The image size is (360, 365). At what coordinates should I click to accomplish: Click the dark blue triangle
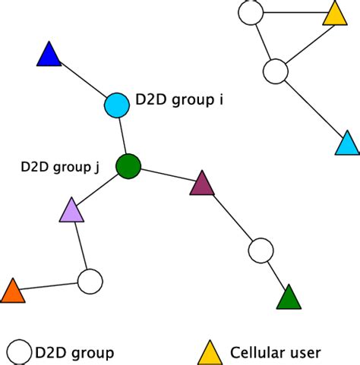pyautogui.click(x=48, y=56)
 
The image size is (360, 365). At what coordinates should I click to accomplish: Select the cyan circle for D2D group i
pyautogui.click(x=116, y=104)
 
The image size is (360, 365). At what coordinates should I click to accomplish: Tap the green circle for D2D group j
pyautogui.click(x=128, y=165)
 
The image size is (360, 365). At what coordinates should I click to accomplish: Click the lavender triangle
pyautogui.click(x=71, y=210)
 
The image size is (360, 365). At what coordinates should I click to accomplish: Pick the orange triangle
pyautogui.click(x=13, y=291)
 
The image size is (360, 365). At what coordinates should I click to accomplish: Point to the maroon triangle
pyautogui.click(x=202, y=184)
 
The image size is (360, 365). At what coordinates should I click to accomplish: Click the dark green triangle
pyautogui.click(x=289, y=297)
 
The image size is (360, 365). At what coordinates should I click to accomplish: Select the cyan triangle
pyautogui.click(x=346, y=143)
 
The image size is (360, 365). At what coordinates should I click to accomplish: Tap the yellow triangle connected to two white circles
pyautogui.click(x=333, y=14)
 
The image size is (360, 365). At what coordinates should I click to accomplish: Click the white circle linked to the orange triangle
pyautogui.click(x=90, y=282)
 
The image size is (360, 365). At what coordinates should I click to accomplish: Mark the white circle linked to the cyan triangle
pyautogui.click(x=275, y=72)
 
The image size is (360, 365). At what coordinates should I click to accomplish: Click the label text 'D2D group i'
pyautogui.click(x=178, y=99)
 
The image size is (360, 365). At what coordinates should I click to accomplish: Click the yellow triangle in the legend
pyautogui.click(x=210, y=351)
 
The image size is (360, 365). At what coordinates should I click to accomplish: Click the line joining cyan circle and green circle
pyautogui.click(x=122, y=135)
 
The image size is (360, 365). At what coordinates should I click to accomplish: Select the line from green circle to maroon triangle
pyautogui.click(x=165, y=175)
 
